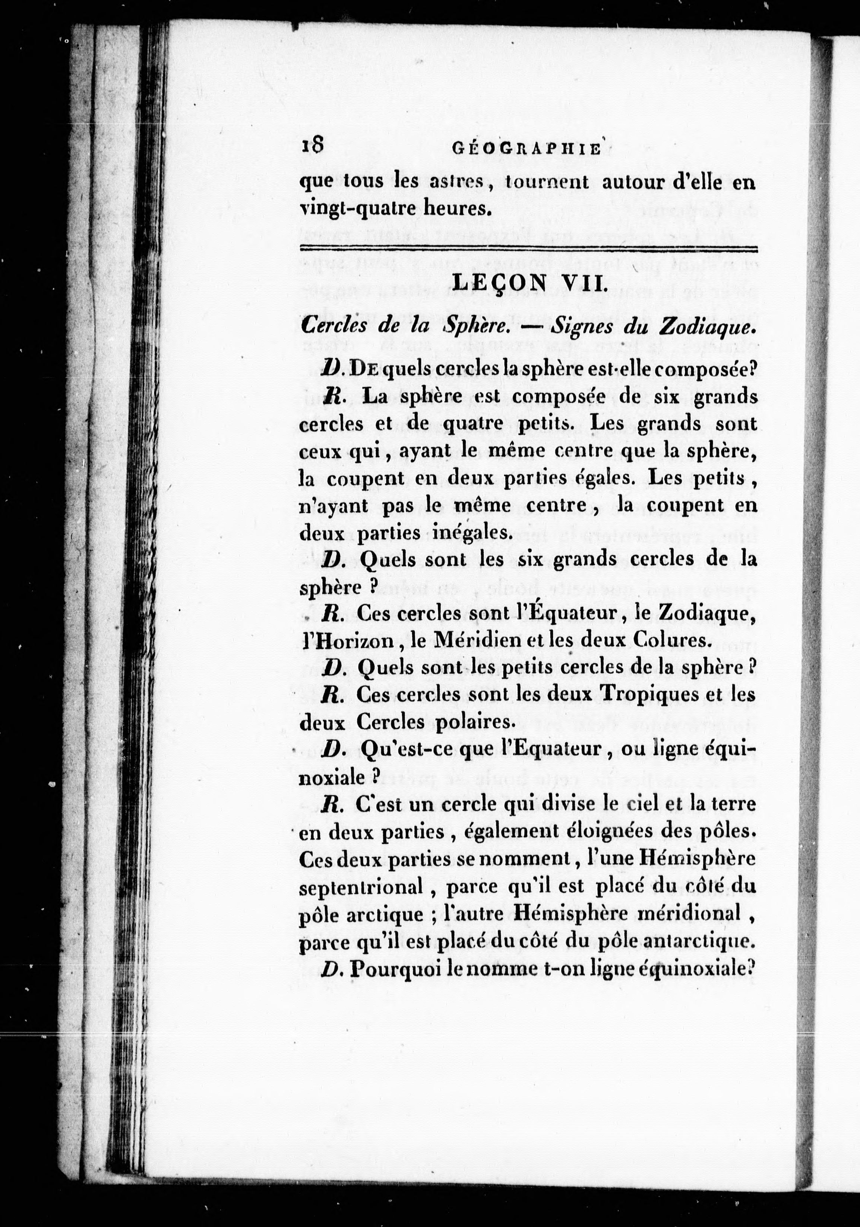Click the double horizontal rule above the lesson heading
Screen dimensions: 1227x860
point(528,249)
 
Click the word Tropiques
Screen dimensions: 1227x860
point(649,694)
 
